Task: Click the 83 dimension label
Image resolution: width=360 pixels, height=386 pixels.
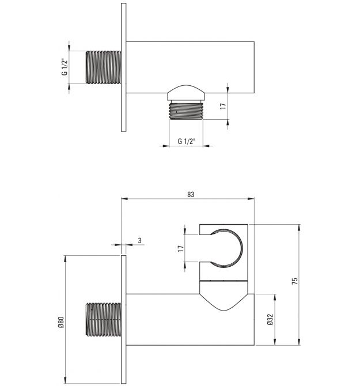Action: tap(191, 195)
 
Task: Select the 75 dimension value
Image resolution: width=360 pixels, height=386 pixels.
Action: tap(294, 281)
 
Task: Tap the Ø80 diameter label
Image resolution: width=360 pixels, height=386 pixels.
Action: tap(61, 322)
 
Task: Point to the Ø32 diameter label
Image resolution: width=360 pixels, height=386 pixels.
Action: tap(270, 319)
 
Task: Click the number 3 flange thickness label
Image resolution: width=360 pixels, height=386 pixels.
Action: tap(140, 240)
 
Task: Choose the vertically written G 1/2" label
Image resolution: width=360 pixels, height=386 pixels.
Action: tap(65, 67)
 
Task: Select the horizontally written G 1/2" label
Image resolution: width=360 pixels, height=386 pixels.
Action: tap(186, 141)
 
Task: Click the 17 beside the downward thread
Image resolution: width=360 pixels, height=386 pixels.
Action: tap(223, 107)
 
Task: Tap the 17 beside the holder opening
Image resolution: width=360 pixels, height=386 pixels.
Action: tap(181, 248)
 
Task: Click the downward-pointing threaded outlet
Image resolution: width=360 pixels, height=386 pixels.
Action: tap(186, 111)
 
